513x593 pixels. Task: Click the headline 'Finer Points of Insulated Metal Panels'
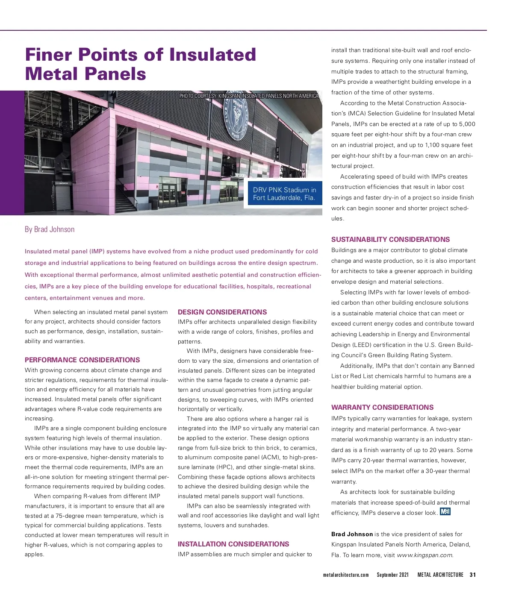[141, 64]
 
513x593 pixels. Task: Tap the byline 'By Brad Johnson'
[50, 229]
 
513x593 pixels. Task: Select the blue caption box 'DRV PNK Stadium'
[284, 194]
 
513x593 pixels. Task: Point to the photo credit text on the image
[249, 96]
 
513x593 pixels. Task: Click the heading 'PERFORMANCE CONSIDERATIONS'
[82, 360]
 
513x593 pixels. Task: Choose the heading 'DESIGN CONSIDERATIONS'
[222, 312]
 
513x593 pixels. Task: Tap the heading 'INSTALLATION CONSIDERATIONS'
[233, 544]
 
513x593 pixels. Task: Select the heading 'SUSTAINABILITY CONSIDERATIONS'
[390, 239]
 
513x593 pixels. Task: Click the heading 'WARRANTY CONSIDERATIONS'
[382, 407]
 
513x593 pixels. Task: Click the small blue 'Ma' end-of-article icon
[445, 511]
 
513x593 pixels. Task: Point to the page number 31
[472, 575]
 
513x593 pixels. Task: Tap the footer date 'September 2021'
[392, 575]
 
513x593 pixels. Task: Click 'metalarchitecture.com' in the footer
[345, 575]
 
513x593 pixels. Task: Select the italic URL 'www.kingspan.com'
[425, 555]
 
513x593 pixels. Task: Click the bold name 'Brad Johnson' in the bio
[352, 534]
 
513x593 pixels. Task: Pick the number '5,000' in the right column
[467, 124]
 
